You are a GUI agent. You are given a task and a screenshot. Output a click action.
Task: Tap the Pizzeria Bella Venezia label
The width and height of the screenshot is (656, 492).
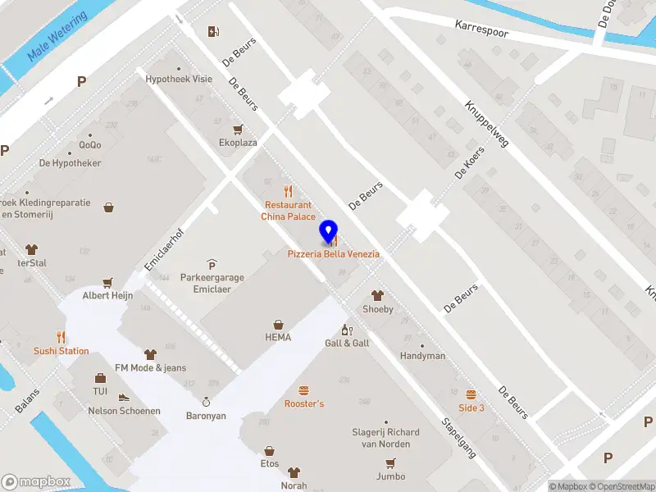tap(333, 254)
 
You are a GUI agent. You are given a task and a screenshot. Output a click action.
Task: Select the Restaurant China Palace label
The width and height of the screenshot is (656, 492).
tap(288, 211)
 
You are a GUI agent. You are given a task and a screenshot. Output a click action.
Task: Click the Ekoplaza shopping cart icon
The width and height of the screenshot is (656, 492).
tap(238, 130)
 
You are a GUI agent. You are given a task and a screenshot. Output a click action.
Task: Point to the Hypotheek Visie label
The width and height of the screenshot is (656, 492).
tap(179, 80)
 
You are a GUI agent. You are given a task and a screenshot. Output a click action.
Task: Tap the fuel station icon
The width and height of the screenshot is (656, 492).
tap(214, 32)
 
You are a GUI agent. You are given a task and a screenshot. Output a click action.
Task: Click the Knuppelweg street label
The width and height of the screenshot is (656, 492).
tap(486, 124)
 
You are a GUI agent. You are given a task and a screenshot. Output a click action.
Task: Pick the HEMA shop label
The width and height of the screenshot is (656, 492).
tap(278, 337)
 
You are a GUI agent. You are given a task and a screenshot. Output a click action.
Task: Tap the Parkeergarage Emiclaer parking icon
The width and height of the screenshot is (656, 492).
tap(212, 264)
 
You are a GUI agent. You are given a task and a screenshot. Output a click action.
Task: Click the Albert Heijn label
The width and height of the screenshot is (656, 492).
tap(107, 295)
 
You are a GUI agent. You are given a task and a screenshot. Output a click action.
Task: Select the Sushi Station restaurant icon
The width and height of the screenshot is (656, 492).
tap(61, 337)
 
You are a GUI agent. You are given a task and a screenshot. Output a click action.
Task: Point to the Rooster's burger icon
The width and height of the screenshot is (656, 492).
tap(304, 390)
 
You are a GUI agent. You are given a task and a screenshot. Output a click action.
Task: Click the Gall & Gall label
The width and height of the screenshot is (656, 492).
tap(347, 343)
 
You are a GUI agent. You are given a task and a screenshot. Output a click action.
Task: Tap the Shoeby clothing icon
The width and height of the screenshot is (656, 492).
tap(378, 296)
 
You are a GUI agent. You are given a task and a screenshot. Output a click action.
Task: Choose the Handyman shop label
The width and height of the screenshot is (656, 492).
tap(422, 356)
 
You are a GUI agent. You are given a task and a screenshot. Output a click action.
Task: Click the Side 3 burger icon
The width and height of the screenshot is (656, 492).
tap(471, 394)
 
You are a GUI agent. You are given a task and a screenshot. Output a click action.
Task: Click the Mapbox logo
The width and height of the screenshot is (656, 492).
tap(35, 481)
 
